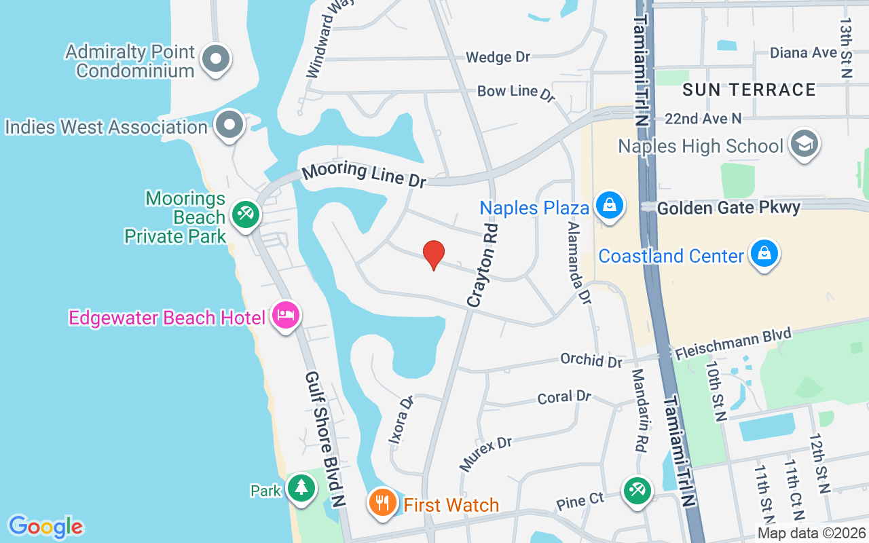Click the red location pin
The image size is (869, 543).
pos(434,255)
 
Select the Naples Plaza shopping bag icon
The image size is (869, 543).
pos(609,205)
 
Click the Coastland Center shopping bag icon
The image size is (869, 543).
pos(764,254)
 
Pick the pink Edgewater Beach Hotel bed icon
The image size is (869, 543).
pos(286,316)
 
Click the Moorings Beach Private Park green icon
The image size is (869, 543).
pos(244,214)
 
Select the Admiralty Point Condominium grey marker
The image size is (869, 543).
pos(216,58)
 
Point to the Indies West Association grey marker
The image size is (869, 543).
pos(229,125)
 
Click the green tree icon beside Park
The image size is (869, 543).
pos(300,487)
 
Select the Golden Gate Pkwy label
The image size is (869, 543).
pos(728,207)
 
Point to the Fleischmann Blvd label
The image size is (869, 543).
pos(733,343)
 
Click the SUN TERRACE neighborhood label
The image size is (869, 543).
pos(749,90)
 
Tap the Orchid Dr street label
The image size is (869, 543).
pos(591,360)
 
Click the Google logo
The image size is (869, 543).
pos(45,527)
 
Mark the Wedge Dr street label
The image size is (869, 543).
pos(498,57)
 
